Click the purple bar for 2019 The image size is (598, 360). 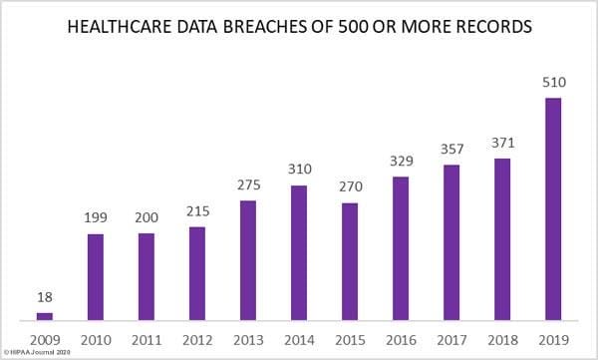[x=552, y=208]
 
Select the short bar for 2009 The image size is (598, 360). [x=45, y=316]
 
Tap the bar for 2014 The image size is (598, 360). [x=299, y=252]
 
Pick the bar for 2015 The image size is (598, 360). [x=350, y=261]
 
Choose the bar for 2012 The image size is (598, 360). [x=197, y=273]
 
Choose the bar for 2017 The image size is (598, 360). [x=450, y=242]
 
